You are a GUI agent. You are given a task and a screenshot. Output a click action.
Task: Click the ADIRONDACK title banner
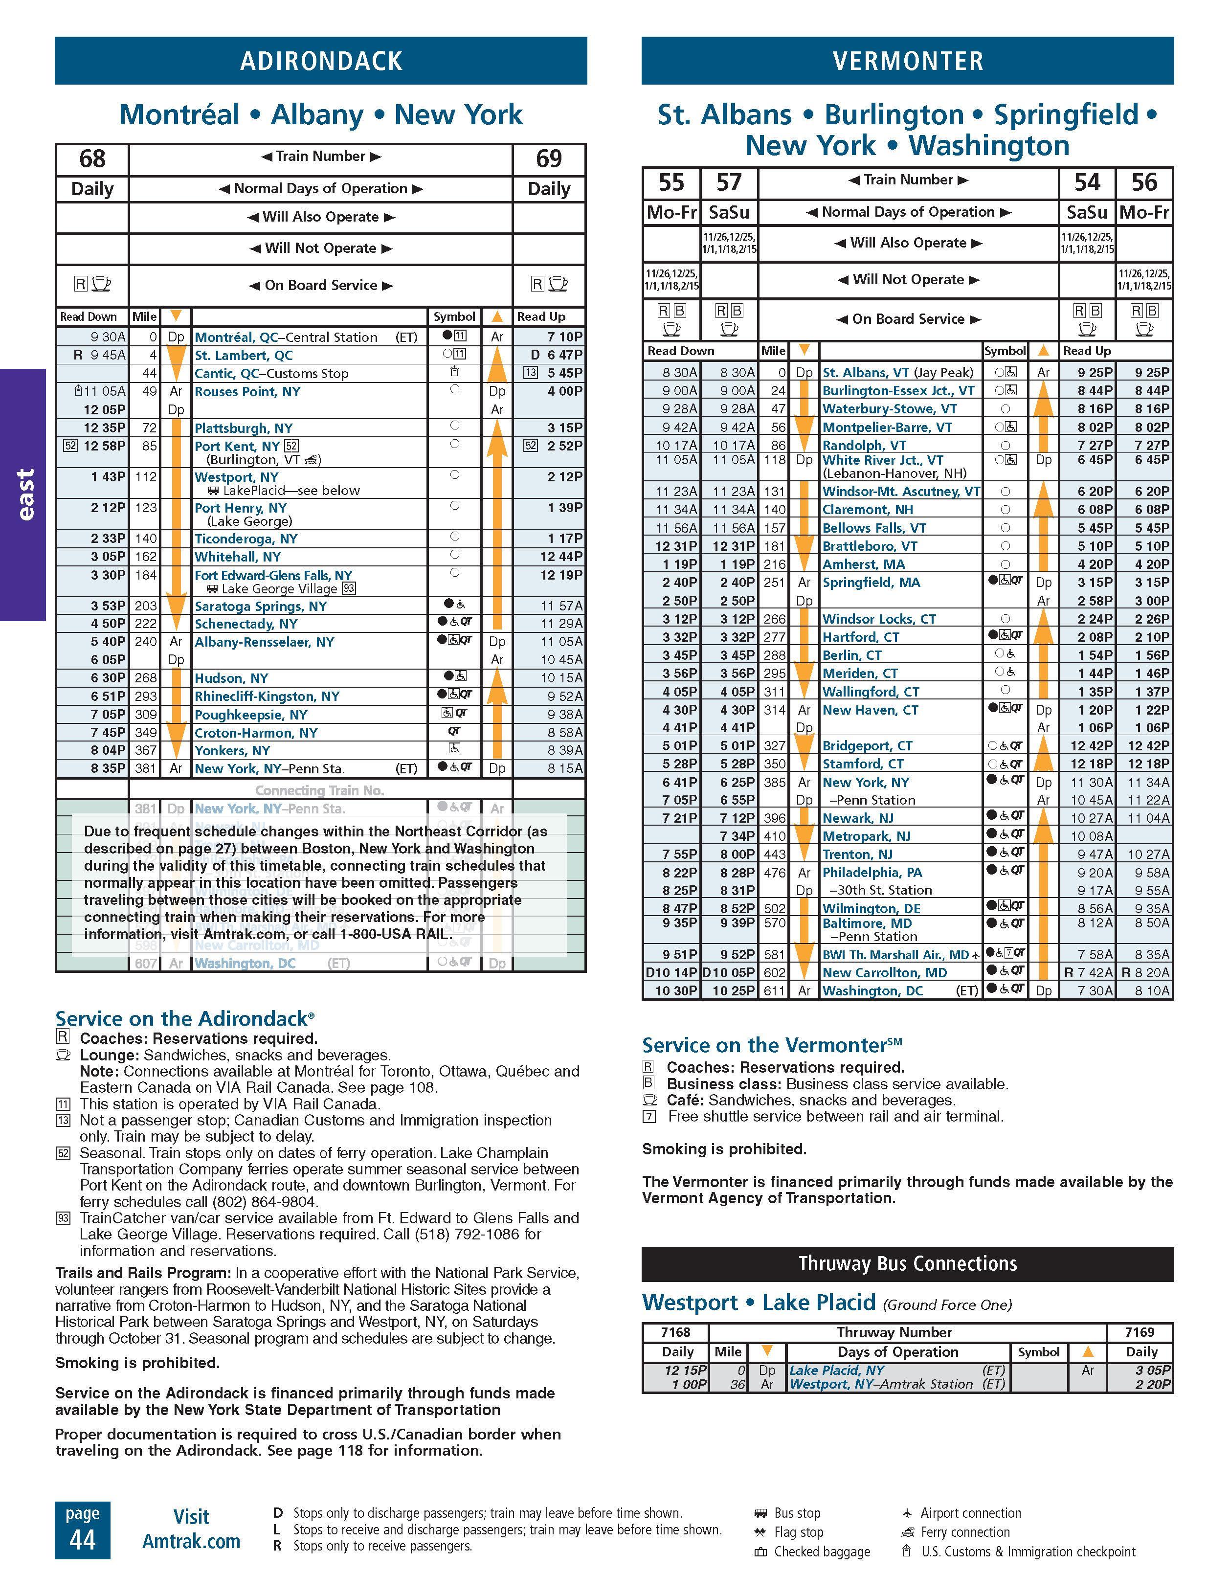(x=321, y=61)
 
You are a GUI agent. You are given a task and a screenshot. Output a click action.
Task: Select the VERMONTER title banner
(x=908, y=61)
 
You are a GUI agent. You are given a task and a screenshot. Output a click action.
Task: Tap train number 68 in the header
(x=92, y=158)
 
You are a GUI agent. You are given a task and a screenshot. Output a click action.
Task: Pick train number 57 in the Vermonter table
(x=729, y=182)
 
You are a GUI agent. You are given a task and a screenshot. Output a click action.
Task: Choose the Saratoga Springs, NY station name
(x=260, y=606)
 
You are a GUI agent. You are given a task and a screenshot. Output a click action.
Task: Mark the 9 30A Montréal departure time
(x=108, y=337)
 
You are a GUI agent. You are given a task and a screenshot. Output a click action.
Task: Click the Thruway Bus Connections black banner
(x=908, y=1263)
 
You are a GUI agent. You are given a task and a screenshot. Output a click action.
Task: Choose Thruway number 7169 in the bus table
(x=1140, y=1332)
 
